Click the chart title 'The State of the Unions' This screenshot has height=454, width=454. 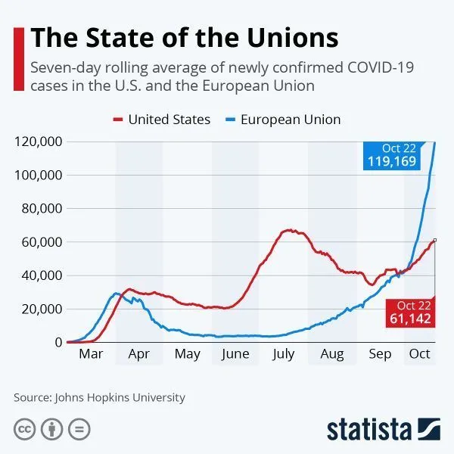(x=184, y=37)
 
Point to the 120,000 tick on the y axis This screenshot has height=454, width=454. (x=38, y=141)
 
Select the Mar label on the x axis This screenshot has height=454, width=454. (x=91, y=354)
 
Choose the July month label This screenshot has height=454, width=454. (x=283, y=354)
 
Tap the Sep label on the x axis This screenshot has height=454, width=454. (x=381, y=354)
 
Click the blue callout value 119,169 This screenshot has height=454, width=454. (x=392, y=162)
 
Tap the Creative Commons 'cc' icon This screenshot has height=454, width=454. (x=26, y=429)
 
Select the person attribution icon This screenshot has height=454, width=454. (x=52, y=429)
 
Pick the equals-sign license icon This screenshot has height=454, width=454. (x=79, y=429)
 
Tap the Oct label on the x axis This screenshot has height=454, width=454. (x=419, y=354)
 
